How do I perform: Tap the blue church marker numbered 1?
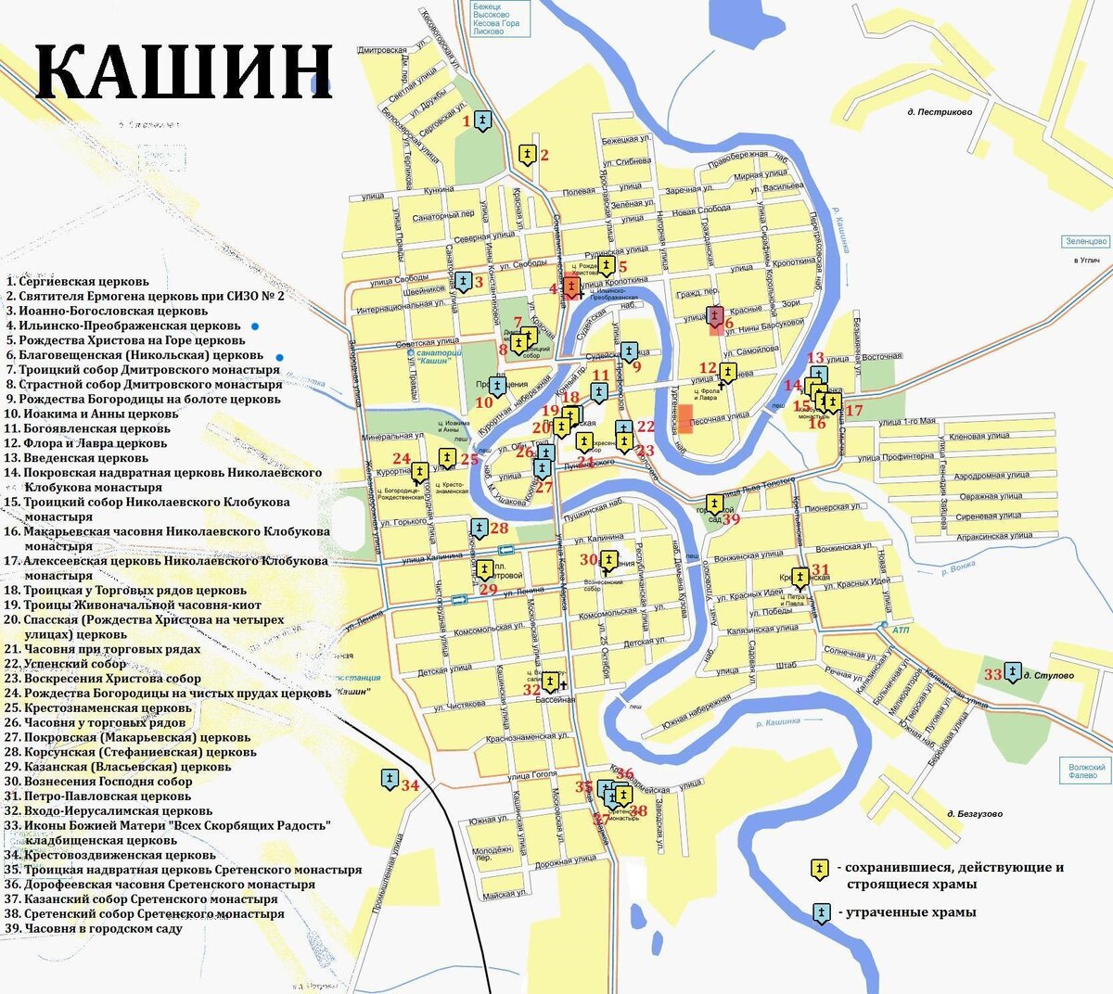pos(482,121)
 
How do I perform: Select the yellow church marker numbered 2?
pos(527,155)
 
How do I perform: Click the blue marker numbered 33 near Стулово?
pos(1013,673)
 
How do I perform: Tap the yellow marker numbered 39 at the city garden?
pos(714,504)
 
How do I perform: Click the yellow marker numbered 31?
pos(800,578)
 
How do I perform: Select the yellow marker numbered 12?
pos(727,373)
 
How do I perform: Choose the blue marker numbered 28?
pos(479,529)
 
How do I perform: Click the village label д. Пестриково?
pos(940,112)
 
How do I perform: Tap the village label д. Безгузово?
pos(974,814)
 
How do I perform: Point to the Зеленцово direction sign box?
pos(1086,241)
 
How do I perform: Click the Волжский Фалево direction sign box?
pos(1087,771)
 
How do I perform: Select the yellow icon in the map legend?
pos(821,869)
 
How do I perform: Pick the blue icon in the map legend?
pos(821,912)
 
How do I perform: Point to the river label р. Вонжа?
pos(954,567)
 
